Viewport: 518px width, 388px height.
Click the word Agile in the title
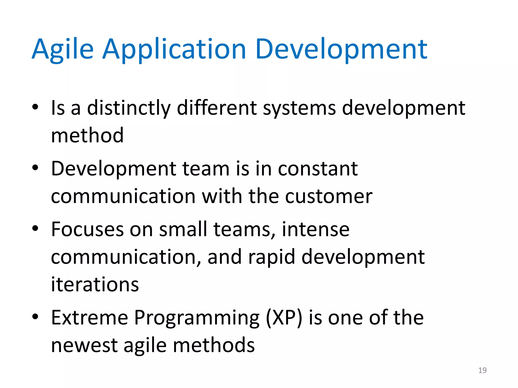coord(62,49)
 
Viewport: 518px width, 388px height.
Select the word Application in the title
coord(174,49)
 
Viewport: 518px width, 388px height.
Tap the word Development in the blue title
coord(341,49)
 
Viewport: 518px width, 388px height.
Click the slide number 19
coord(482,370)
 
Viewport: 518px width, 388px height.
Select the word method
coord(87,135)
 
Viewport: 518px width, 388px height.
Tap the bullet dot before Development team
coord(35,167)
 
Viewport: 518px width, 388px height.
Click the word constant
coord(318,169)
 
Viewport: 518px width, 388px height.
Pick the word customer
coord(329,196)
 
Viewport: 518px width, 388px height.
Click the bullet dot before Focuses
coord(35,228)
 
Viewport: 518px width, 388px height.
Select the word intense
coord(315,229)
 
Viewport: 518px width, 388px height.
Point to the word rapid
coord(271,257)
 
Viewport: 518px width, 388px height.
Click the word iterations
coord(95,284)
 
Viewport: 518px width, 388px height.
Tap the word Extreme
coord(90,318)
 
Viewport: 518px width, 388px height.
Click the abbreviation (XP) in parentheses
coord(284,318)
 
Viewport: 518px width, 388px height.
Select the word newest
coord(84,346)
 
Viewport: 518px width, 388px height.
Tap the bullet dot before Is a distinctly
coord(35,107)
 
